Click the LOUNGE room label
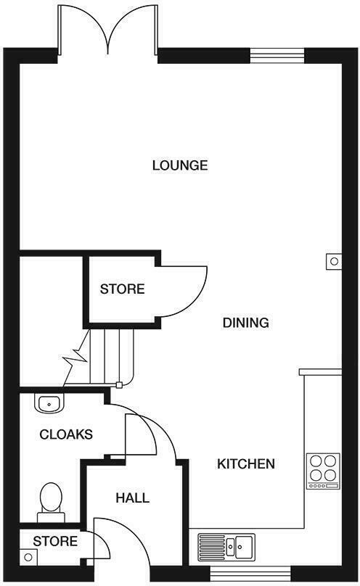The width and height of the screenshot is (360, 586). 180,165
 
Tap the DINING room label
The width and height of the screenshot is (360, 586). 245,323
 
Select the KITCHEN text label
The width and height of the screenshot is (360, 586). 246,463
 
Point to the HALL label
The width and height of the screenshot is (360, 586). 133,498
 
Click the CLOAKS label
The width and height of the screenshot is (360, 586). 66,434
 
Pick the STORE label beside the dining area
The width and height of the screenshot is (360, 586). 122,289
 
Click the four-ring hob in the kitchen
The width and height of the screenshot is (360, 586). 323,471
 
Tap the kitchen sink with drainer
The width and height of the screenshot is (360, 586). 225,546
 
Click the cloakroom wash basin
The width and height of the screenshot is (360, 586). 49,403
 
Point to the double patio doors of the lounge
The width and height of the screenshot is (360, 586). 108,29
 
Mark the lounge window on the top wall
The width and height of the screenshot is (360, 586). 277,53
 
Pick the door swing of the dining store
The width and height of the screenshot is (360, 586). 185,290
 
